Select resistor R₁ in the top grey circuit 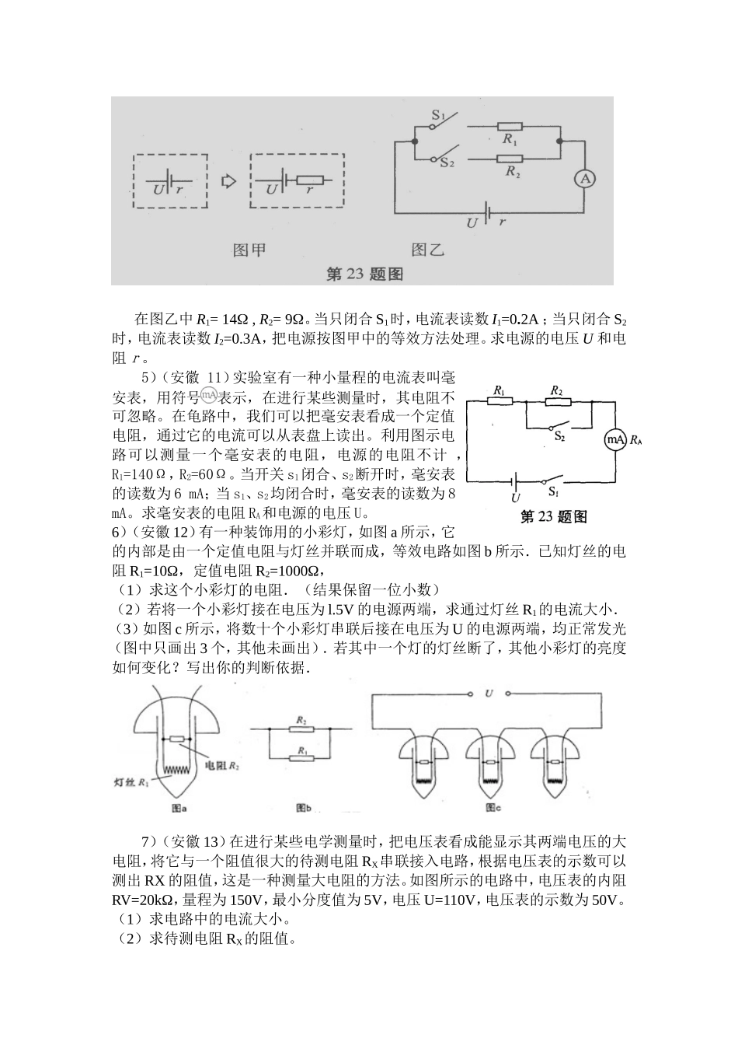510,126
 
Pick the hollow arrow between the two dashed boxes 228,180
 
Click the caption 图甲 249,250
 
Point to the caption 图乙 427,250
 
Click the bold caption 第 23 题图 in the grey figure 364,274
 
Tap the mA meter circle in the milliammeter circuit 615,440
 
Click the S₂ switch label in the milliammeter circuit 559,437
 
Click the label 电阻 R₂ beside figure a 221,766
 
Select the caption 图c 493,808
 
